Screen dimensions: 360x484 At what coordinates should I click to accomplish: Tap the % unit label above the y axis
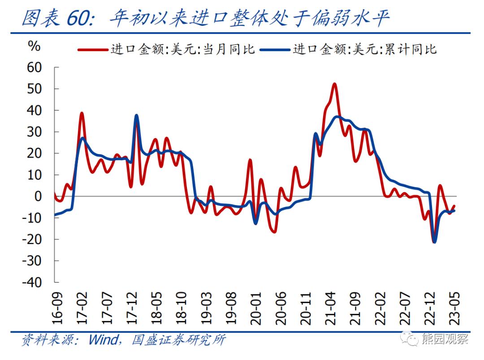[34, 46]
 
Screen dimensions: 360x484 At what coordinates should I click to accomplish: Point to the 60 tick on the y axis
[35, 67]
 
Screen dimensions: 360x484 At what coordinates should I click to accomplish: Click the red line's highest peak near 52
[334, 84]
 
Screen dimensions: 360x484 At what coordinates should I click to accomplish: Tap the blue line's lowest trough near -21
[434, 242]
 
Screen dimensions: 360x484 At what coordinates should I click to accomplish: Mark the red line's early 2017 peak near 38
[82, 113]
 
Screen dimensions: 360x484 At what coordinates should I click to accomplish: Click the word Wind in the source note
[102, 340]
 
